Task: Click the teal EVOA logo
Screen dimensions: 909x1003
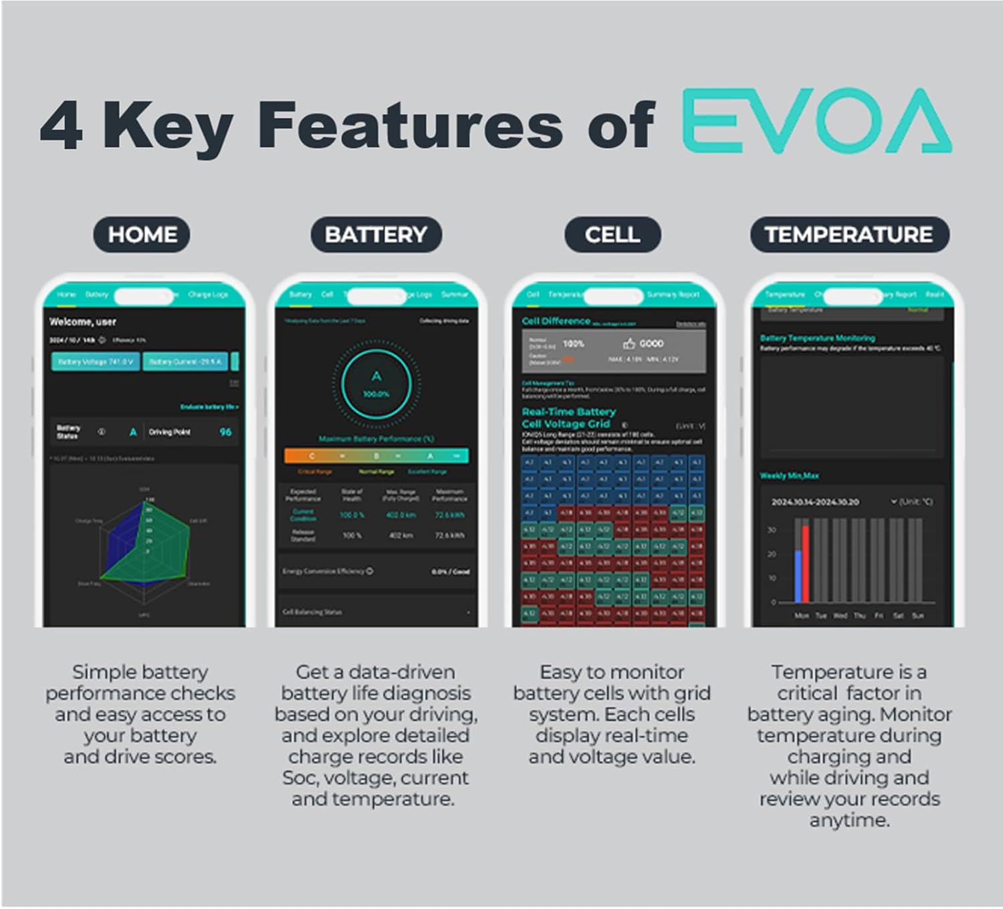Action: coord(816,121)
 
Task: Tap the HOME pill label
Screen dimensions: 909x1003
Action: coord(142,235)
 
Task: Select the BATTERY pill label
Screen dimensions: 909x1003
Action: coord(376,235)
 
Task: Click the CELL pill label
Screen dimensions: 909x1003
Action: coord(612,235)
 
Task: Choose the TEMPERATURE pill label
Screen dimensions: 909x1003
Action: coord(849,235)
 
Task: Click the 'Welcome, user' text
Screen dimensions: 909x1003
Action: coord(83,321)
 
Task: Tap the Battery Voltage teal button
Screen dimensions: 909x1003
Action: coord(96,362)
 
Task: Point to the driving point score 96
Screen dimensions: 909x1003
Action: coord(225,432)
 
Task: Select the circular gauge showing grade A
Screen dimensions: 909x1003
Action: coord(376,384)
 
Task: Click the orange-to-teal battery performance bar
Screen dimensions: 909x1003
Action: coord(376,456)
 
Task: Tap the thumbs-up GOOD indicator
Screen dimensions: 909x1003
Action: coord(643,344)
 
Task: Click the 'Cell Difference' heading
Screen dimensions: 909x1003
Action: coord(556,321)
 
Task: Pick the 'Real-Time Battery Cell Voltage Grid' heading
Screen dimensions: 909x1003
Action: coord(568,418)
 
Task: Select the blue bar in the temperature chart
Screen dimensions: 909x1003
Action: coord(797,576)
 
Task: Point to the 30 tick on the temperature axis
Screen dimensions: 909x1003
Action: coord(772,530)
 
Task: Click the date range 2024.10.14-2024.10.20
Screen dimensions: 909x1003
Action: coord(815,502)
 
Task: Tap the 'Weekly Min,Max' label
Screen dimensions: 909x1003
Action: coord(789,476)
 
